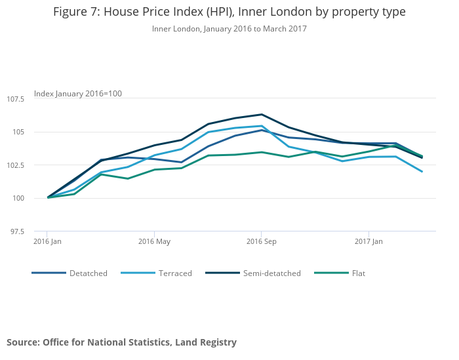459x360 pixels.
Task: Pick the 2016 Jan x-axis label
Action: (47, 241)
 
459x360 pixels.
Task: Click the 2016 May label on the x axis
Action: (154, 241)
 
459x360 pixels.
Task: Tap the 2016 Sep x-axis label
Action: (262, 241)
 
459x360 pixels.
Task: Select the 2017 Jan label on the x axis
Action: (369, 241)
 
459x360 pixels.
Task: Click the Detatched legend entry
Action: (88, 273)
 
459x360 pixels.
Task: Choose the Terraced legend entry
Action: (175, 273)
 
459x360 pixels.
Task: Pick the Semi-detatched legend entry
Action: (271, 273)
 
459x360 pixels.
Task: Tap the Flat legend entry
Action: (359, 273)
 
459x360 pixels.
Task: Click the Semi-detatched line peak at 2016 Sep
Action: (262, 115)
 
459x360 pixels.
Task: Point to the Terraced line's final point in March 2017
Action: (422, 172)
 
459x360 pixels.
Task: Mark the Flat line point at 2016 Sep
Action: (262, 152)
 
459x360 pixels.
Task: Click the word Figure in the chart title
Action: (69, 12)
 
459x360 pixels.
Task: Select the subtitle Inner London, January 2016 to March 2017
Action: (229, 29)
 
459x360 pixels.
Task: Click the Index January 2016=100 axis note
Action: (78, 94)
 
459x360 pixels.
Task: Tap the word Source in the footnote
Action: (23, 342)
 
